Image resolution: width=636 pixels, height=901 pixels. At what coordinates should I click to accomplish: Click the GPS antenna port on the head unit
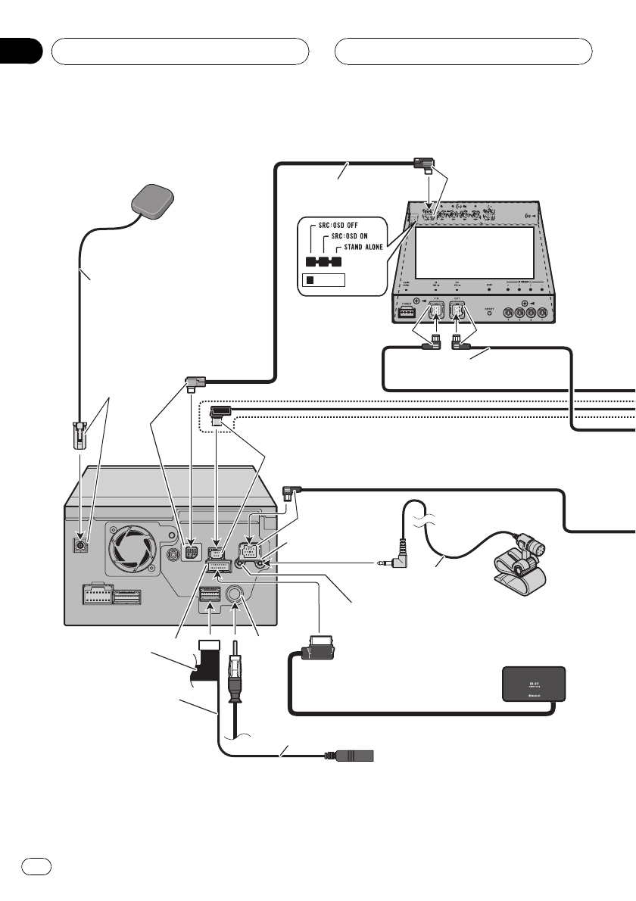point(79,544)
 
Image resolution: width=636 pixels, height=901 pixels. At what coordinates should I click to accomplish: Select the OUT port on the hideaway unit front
point(459,312)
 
